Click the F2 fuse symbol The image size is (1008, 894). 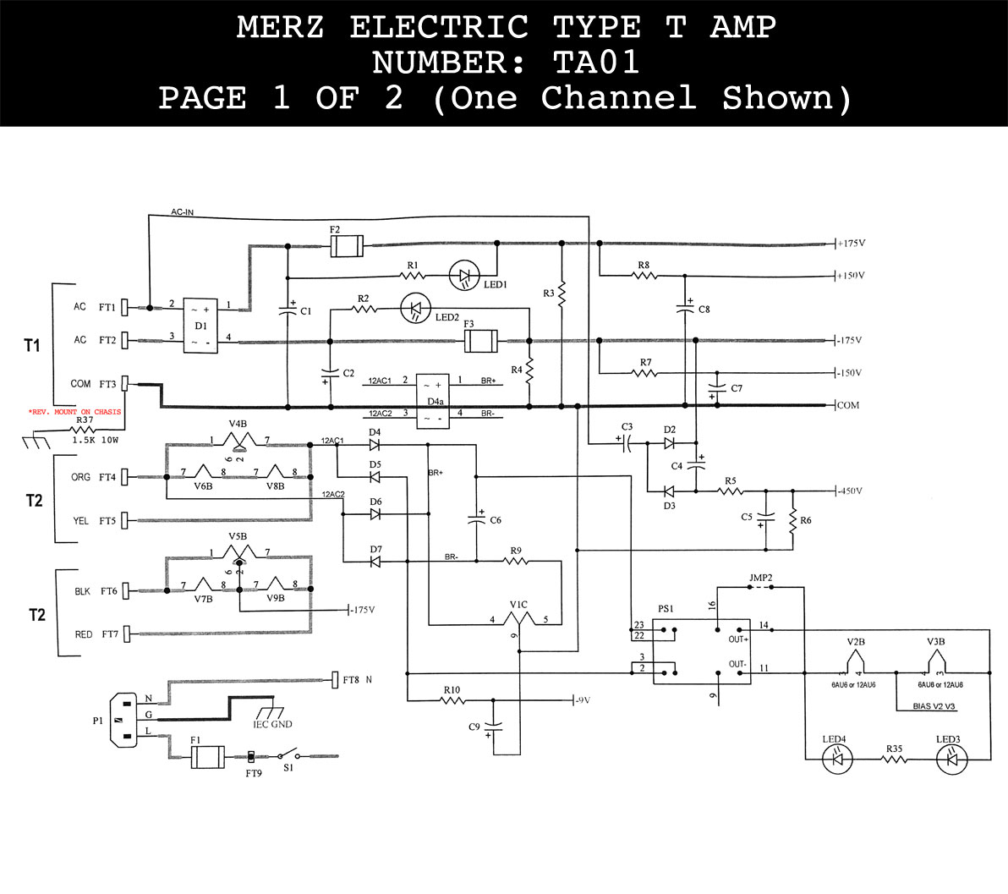(x=346, y=246)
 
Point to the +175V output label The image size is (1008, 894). (x=852, y=244)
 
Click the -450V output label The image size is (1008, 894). (x=851, y=491)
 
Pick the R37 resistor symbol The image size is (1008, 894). (x=85, y=431)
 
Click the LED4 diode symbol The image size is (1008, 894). (x=837, y=759)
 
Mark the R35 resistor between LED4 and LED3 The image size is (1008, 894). (x=894, y=760)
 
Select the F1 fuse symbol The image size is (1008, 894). (x=207, y=756)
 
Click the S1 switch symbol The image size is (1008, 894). (x=289, y=754)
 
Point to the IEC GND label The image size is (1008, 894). (x=272, y=724)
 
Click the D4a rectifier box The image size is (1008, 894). (x=434, y=399)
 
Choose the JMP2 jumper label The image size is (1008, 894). (x=761, y=578)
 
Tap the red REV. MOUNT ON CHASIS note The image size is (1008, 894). (x=74, y=412)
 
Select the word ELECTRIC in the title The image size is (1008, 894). (x=439, y=28)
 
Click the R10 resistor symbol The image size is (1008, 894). (x=452, y=700)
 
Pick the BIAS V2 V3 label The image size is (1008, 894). (x=935, y=705)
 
